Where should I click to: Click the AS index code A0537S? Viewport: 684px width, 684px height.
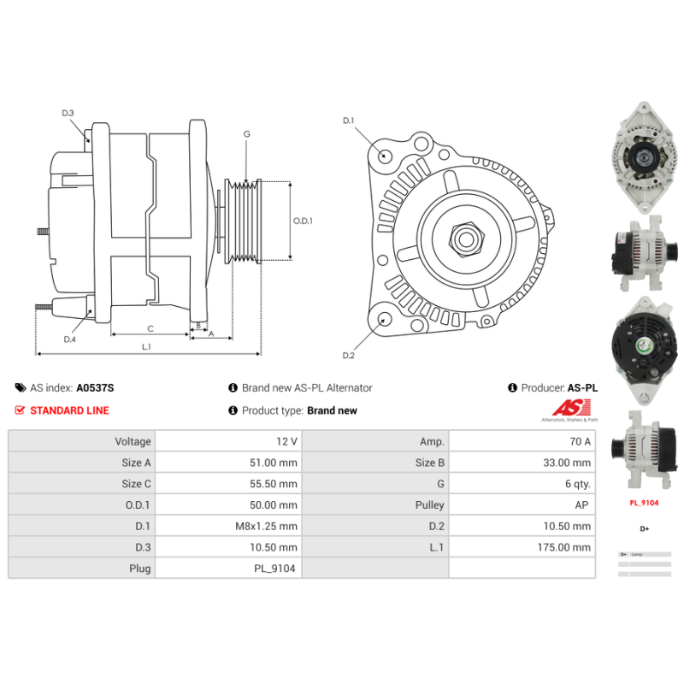(x=95, y=387)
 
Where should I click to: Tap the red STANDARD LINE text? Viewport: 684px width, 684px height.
(x=69, y=410)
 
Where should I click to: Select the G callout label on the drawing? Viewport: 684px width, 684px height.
(x=246, y=134)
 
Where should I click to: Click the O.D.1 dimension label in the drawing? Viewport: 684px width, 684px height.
(x=304, y=221)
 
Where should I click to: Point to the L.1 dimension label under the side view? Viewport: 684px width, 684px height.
(x=146, y=346)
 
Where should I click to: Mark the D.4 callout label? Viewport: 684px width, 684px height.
(x=69, y=339)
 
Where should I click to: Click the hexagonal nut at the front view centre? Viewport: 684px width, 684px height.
(x=466, y=239)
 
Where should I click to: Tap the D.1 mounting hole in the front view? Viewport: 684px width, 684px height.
(x=385, y=156)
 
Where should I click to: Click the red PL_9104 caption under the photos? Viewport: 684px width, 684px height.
(x=644, y=504)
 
